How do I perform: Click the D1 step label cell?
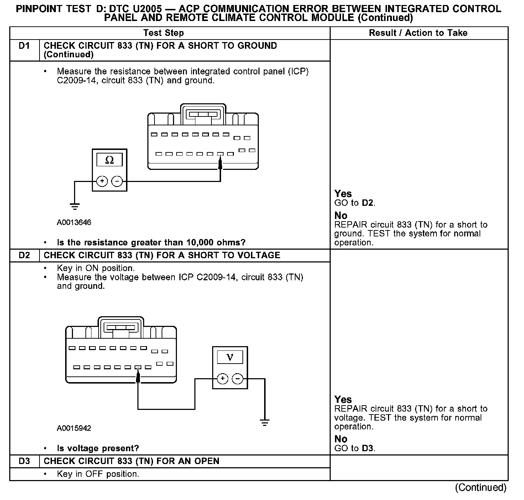click(x=24, y=46)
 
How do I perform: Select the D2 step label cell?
click(x=24, y=255)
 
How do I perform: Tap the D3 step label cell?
click(x=24, y=461)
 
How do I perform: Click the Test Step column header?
click(x=163, y=33)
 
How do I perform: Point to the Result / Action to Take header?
click(x=418, y=33)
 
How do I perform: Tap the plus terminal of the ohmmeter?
click(x=102, y=182)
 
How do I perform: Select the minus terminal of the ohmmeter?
click(x=117, y=182)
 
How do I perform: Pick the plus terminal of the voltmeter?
click(x=222, y=379)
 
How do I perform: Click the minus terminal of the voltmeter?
click(x=237, y=379)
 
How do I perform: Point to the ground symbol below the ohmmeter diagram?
click(x=75, y=206)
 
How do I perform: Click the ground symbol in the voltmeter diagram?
click(x=264, y=423)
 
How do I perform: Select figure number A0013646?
click(x=74, y=223)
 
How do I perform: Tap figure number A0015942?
click(x=74, y=428)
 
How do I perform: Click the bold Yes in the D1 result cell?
click(x=343, y=194)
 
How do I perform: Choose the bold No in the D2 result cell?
click(x=341, y=439)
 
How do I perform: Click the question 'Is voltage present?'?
click(x=98, y=448)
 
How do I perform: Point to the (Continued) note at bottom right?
click(x=481, y=488)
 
